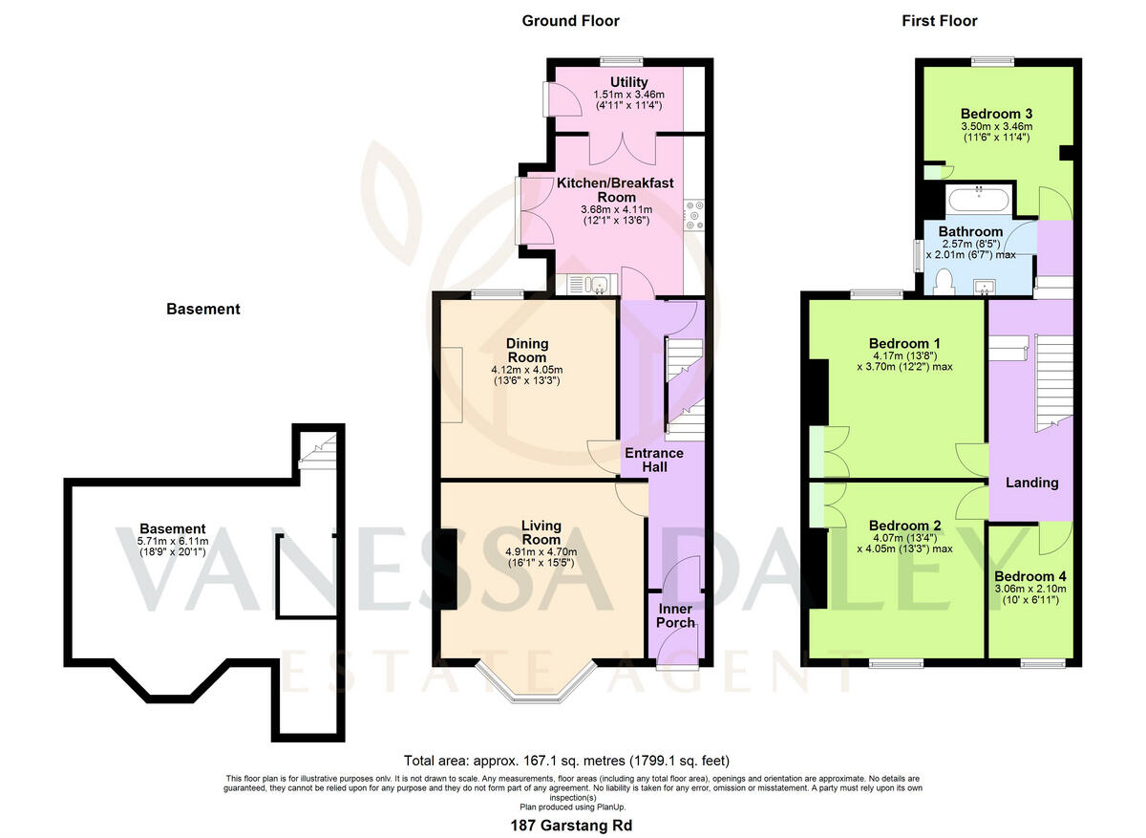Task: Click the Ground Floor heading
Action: [570, 21]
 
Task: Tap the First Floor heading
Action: [940, 21]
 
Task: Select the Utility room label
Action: [628, 82]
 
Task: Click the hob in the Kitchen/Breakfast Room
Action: [694, 215]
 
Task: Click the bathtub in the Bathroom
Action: [978, 200]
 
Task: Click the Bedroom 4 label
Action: [1029, 576]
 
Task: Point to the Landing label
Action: [1032, 483]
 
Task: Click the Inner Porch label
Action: [675, 615]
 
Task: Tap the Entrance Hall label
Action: [654, 460]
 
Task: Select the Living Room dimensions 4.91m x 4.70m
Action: [541, 552]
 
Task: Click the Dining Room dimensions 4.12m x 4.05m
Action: [527, 370]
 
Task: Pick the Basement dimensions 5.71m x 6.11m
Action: [173, 541]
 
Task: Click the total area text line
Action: [566, 761]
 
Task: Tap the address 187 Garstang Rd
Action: [571, 826]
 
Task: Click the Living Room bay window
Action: [536, 682]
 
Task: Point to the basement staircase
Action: [318, 450]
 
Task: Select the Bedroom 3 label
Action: [997, 114]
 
